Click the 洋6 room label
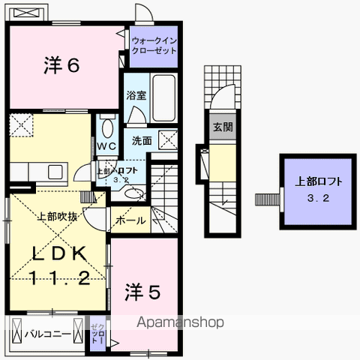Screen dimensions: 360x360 pyautogui.click(x=61, y=66)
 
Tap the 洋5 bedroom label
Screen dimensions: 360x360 pyautogui.click(x=142, y=291)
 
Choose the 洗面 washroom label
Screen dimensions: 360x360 pyautogui.click(x=142, y=140)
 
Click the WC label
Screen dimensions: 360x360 pyautogui.click(x=105, y=145)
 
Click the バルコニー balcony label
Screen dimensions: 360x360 pyautogui.click(x=47, y=333)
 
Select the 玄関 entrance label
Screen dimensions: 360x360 pyautogui.click(x=222, y=127)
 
